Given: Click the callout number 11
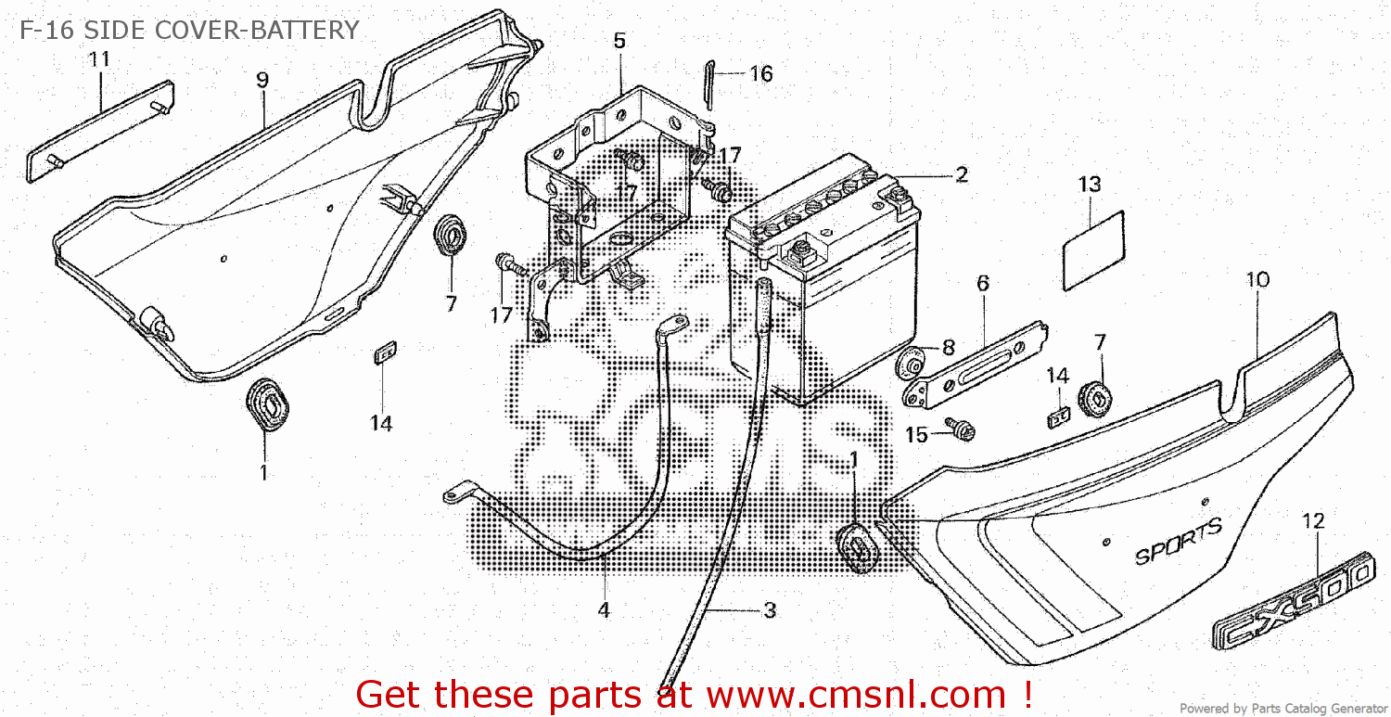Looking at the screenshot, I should coord(99,59).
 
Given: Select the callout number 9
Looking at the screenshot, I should coord(262,80).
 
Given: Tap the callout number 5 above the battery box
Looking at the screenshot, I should coord(619,41).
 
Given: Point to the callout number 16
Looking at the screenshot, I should coord(760,74).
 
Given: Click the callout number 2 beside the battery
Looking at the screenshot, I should coord(961,174).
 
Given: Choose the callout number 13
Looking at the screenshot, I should coord(1090,185).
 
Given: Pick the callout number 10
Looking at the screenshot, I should coord(1257,279).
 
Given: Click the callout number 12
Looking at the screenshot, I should coord(1313,521).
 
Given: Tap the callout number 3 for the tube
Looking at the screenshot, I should coord(769,610).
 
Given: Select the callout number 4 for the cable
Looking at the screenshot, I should coord(604,610).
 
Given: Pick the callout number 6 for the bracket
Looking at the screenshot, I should coord(982,284).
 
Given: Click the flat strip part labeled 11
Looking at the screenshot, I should coord(99,131).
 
